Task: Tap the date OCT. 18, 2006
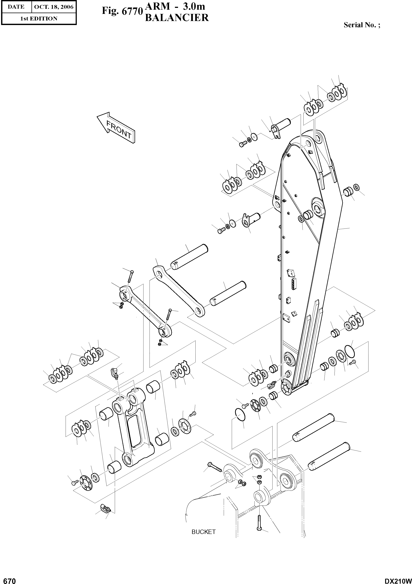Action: (54, 7)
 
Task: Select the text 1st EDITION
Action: (39, 19)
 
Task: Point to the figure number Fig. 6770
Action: (122, 11)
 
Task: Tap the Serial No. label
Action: (362, 25)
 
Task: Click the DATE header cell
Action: (16, 7)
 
